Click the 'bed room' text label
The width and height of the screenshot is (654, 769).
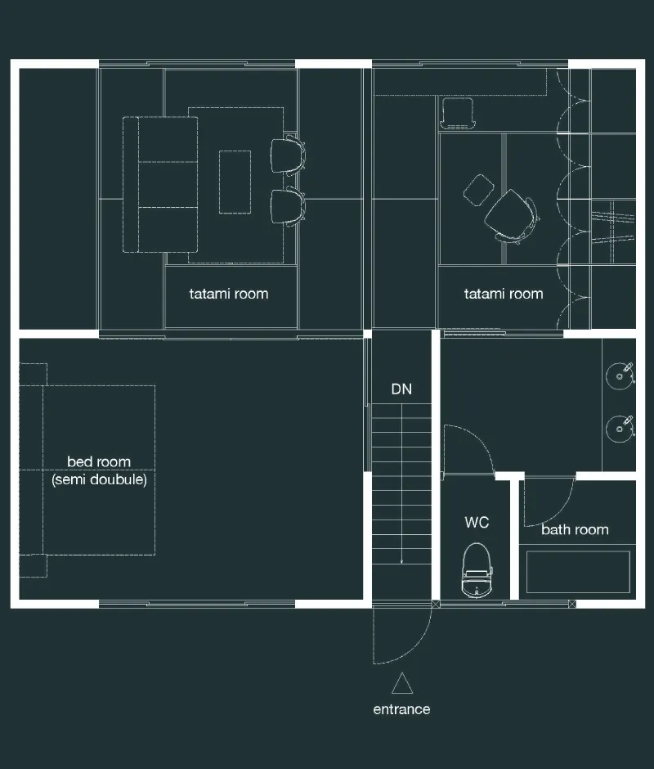99,462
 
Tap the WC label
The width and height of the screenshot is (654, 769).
477,522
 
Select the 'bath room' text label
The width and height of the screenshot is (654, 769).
575,529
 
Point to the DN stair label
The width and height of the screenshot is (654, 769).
401,389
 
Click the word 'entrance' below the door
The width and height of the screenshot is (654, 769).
401,709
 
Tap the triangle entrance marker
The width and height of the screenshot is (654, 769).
402,683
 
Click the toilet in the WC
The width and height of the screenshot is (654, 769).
477,570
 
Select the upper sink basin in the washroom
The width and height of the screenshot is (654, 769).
620,376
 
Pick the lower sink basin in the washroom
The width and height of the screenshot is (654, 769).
620,429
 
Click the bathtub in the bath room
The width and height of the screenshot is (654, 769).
578,572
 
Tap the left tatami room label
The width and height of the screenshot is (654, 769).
228,294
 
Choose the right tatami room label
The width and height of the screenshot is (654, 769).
504,294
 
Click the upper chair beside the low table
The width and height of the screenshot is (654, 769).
289,156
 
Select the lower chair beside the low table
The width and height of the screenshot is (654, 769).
289,206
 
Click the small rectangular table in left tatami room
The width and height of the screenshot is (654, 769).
235,182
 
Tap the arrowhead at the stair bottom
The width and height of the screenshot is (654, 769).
401,561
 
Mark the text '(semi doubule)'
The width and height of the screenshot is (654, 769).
99,479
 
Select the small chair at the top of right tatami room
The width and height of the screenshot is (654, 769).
458,113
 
